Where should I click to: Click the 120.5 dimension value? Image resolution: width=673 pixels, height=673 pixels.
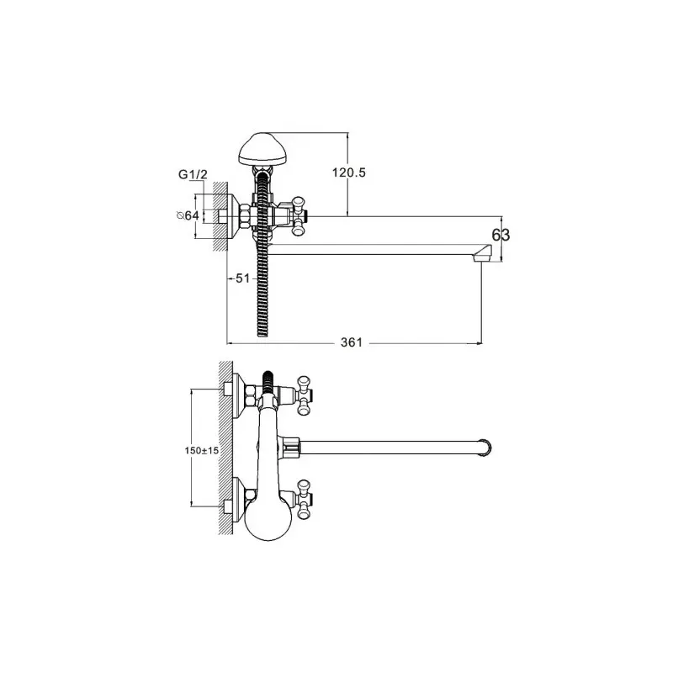pos(348,172)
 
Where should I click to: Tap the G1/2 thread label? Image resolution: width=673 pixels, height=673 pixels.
pos(193,175)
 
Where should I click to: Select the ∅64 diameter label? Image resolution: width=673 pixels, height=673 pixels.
pos(188,215)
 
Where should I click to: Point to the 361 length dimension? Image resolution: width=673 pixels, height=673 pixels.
pos(352,342)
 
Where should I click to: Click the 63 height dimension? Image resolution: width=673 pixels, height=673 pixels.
pos(501,236)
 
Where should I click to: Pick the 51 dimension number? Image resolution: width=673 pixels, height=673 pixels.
pos(242,278)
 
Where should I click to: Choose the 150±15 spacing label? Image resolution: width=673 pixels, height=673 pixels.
pos(202,451)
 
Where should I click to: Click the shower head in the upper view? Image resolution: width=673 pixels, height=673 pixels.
pos(262,149)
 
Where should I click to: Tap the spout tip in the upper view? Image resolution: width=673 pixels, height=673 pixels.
pos(482,253)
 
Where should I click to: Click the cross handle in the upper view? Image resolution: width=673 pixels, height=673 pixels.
pos(299,216)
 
